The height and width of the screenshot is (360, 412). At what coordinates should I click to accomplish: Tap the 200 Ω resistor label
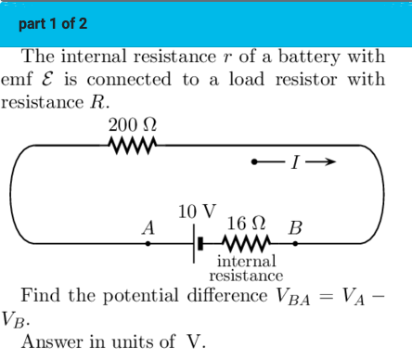132,124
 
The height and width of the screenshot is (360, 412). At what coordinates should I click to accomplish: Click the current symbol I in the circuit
293,163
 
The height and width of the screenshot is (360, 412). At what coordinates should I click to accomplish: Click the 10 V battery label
197,210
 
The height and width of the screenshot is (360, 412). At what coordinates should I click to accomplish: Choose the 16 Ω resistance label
248,224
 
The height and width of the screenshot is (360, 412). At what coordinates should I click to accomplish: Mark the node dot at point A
148,244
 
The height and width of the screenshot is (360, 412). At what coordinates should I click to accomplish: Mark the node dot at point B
296,244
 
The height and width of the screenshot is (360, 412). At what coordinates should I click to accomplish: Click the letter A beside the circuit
146,227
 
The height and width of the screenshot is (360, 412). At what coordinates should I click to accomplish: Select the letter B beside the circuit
295,227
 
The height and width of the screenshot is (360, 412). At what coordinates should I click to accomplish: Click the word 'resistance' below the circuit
246,276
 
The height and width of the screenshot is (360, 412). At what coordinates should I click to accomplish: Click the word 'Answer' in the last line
52,341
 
